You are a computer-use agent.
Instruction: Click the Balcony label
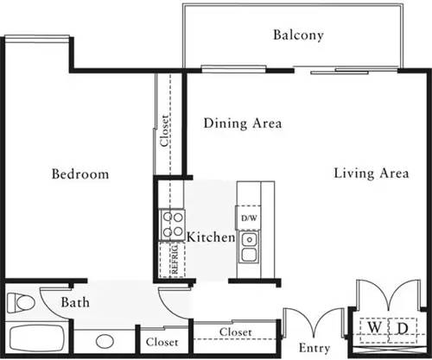point(298,35)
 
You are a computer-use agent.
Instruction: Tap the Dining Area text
point(243,123)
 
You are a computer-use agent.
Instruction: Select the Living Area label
point(371,174)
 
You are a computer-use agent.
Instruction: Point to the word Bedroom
point(79,174)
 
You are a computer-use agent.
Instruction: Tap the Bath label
point(74,303)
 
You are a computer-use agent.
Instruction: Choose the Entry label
point(314,348)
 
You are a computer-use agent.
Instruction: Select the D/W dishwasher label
point(249,218)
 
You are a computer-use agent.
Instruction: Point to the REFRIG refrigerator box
point(171,260)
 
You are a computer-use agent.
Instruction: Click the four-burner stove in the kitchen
point(171,225)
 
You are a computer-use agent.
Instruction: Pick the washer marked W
point(374,328)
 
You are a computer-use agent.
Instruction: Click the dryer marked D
point(402,328)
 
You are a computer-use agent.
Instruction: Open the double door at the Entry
point(314,324)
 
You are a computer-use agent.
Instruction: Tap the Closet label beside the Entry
point(235,332)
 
